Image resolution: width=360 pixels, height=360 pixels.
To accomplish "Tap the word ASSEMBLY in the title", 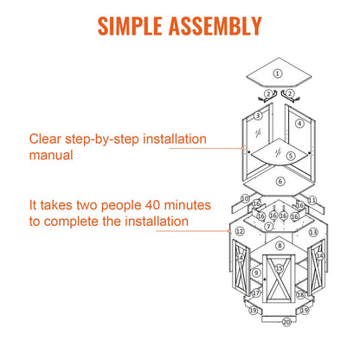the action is point(215,26).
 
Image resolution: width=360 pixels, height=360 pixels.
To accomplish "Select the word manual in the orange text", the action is point(51,155).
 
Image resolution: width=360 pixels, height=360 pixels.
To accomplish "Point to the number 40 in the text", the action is point(153,205).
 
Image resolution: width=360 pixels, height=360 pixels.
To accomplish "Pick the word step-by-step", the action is point(102,139).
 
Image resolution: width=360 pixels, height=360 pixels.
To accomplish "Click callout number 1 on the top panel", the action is point(278,74).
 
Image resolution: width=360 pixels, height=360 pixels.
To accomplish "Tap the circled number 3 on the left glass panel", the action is point(258,116).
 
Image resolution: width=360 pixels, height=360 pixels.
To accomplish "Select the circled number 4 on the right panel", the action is point(299,124).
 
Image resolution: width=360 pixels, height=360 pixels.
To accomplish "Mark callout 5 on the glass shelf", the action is point(291,156).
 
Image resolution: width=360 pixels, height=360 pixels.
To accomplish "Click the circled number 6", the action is point(280,182).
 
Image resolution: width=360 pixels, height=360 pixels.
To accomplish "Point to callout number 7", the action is point(269,227).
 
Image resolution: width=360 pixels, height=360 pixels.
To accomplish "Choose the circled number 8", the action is point(280,246).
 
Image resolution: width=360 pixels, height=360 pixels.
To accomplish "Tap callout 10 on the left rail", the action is point(245,198).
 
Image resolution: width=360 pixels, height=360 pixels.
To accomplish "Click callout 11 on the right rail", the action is point(312,200).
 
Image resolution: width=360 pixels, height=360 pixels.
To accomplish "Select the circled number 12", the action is point(240,231).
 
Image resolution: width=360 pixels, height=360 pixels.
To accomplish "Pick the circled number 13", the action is point(313,232).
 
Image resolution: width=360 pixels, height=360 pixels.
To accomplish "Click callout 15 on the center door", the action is point(279,268).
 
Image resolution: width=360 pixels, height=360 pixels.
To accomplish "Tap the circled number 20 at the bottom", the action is point(286,322).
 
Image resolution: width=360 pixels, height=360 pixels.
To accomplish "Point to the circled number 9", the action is point(256,273).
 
